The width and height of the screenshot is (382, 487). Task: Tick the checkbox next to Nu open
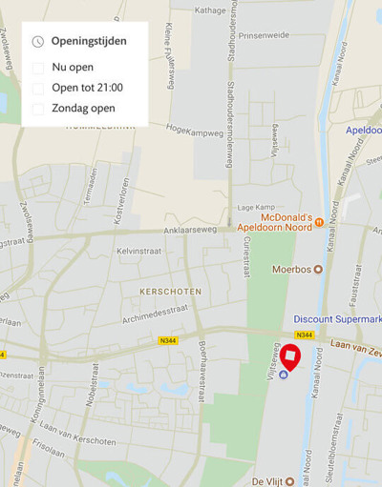point(38,68)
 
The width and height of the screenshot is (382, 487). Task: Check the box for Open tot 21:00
point(38,88)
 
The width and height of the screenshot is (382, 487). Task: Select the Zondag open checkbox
point(38,109)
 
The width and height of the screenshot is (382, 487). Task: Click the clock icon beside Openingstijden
point(38,41)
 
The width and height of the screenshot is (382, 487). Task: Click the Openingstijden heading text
point(89,41)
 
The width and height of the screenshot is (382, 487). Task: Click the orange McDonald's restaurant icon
point(320,222)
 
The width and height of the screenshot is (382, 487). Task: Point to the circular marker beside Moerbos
point(319,269)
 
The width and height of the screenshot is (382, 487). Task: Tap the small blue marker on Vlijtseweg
point(283,373)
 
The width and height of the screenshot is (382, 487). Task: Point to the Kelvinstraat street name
point(141,250)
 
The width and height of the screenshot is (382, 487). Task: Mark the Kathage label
point(209,11)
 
